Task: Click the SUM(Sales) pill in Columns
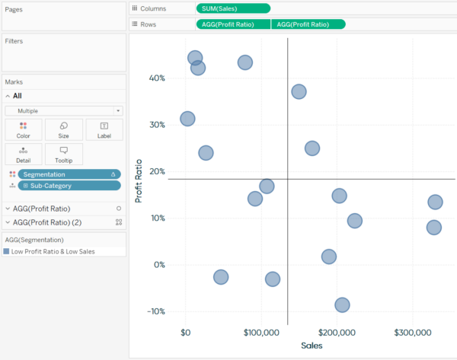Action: click(232, 8)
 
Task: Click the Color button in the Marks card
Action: click(24, 129)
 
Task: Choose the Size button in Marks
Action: click(64, 129)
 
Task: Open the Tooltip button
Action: click(64, 155)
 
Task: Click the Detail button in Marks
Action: click(24, 155)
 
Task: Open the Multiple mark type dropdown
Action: click(64, 110)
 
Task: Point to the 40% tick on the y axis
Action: click(157, 78)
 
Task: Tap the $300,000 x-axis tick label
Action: click(412, 333)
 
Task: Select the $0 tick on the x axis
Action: click(186, 333)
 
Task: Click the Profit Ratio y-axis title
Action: click(139, 180)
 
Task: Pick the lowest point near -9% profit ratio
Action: click(342, 304)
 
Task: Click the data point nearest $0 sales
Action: click(187, 119)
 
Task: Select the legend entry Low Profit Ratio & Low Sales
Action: click(53, 251)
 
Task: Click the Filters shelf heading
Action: click(15, 40)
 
